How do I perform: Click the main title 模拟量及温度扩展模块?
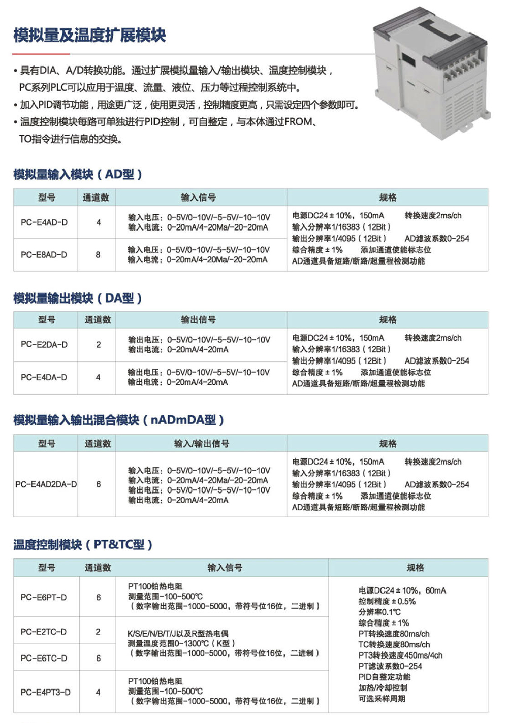89,35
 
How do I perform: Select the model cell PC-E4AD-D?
44,222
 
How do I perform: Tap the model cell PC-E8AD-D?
44,255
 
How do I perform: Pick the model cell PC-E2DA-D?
44,345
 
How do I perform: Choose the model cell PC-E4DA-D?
44,377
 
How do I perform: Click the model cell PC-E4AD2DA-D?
46,484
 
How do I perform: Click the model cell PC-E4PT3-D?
45,692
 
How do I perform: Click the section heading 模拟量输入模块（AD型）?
78,174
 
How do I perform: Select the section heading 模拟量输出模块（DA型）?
78,298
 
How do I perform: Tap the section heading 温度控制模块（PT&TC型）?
83,545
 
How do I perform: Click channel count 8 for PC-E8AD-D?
98,255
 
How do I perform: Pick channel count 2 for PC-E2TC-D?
98,632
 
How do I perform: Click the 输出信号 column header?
199,320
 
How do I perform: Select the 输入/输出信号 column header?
202,444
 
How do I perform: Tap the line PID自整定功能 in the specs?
385,677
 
